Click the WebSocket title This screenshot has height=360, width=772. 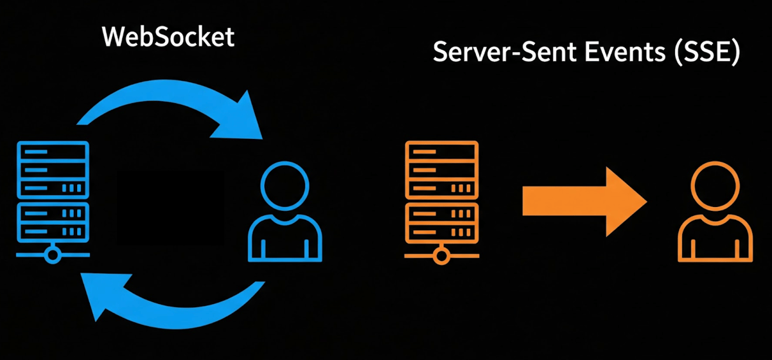tap(168, 36)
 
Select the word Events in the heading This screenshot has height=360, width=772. tap(625, 52)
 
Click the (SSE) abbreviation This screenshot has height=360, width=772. tap(707, 52)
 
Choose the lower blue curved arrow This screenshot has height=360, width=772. tap(176, 317)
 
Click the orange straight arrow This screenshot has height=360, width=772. tap(585, 202)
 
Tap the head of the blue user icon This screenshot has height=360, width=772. tap(285, 186)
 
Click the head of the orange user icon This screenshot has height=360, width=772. tap(715, 186)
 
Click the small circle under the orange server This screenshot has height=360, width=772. tap(441, 256)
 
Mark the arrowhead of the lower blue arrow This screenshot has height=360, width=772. tap(103, 293)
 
